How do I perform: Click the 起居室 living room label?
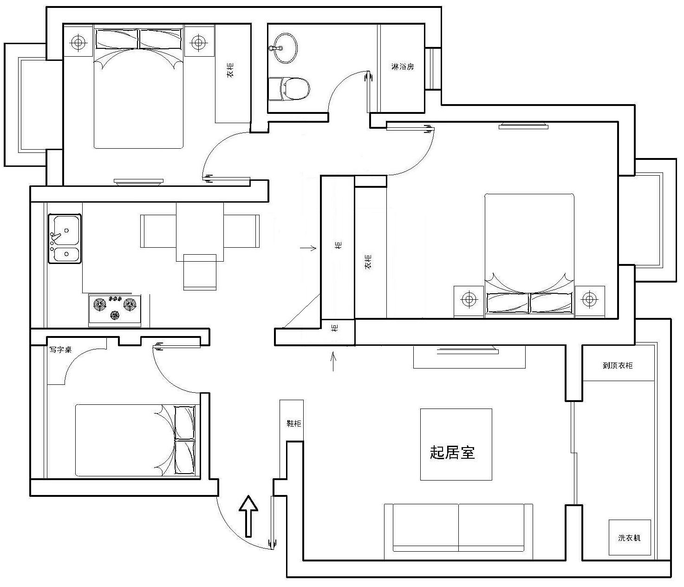(452, 453)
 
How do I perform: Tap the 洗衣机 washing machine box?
(629, 538)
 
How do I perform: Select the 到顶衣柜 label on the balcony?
(618, 365)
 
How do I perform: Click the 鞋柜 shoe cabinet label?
(293, 423)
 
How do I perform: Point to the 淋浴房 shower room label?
(403, 66)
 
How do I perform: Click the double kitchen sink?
(65, 238)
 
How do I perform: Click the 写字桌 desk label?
(60, 350)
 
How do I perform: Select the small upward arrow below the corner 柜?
(333, 362)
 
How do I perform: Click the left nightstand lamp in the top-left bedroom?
(78, 42)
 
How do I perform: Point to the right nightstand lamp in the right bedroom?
(589, 299)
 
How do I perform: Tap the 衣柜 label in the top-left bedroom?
(230, 70)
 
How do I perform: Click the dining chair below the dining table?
(200, 272)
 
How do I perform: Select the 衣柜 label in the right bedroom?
(368, 262)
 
